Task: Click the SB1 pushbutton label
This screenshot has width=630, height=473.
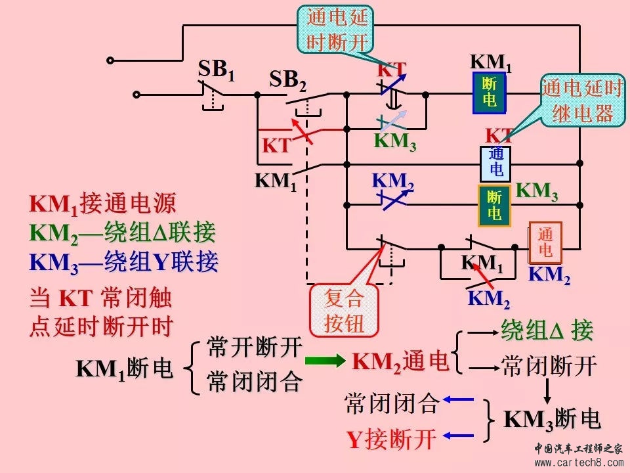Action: pyautogui.click(x=217, y=70)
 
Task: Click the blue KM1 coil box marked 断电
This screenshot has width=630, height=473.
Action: pyautogui.click(x=490, y=91)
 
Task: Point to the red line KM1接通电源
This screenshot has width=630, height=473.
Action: pyautogui.click(x=102, y=204)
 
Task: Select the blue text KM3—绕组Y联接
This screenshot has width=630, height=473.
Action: pyautogui.click(x=124, y=262)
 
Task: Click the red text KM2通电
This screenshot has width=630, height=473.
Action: pyautogui.click(x=400, y=361)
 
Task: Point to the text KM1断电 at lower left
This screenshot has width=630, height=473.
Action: pyautogui.click(x=125, y=369)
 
